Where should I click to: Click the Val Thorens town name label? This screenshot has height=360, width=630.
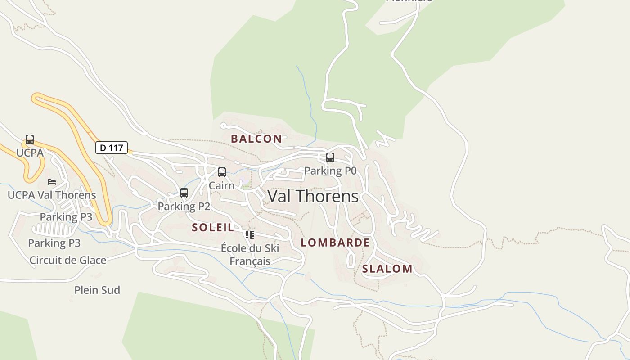(x=313, y=196)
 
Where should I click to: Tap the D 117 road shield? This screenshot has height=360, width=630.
(x=112, y=148)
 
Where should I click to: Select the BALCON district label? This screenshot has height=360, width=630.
(x=256, y=139)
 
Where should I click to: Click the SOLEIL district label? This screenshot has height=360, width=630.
(x=213, y=227)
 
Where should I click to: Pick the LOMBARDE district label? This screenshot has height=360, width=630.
(x=335, y=243)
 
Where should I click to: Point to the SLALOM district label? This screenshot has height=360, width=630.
(x=387, y=269)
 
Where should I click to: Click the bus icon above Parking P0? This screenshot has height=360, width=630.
(x=330, y=157)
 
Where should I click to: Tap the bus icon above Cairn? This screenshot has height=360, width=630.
(x=222, y=172)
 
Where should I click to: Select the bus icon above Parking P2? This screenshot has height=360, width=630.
(x=184, y=193)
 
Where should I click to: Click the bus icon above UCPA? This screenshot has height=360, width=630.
(x=30, y=139)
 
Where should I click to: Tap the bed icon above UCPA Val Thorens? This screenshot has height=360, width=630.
(x=52, y=182)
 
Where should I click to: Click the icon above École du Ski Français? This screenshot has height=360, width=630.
(x=250, y=234)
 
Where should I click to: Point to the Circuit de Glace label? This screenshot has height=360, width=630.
(x=68, y=260)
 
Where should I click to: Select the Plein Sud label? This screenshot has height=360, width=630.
(x=97, y=290)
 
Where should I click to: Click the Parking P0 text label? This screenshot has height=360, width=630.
(x=330, y=171)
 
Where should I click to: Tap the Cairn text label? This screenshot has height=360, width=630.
(x=222, y=185)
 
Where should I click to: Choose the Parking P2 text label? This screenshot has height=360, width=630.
(x=184, y=206)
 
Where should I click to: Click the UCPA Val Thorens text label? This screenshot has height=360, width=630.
(x=52, y=195)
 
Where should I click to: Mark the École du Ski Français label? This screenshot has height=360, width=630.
(x=250, y=254)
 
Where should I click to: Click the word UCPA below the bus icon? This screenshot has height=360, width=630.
(x=30, y=153)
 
